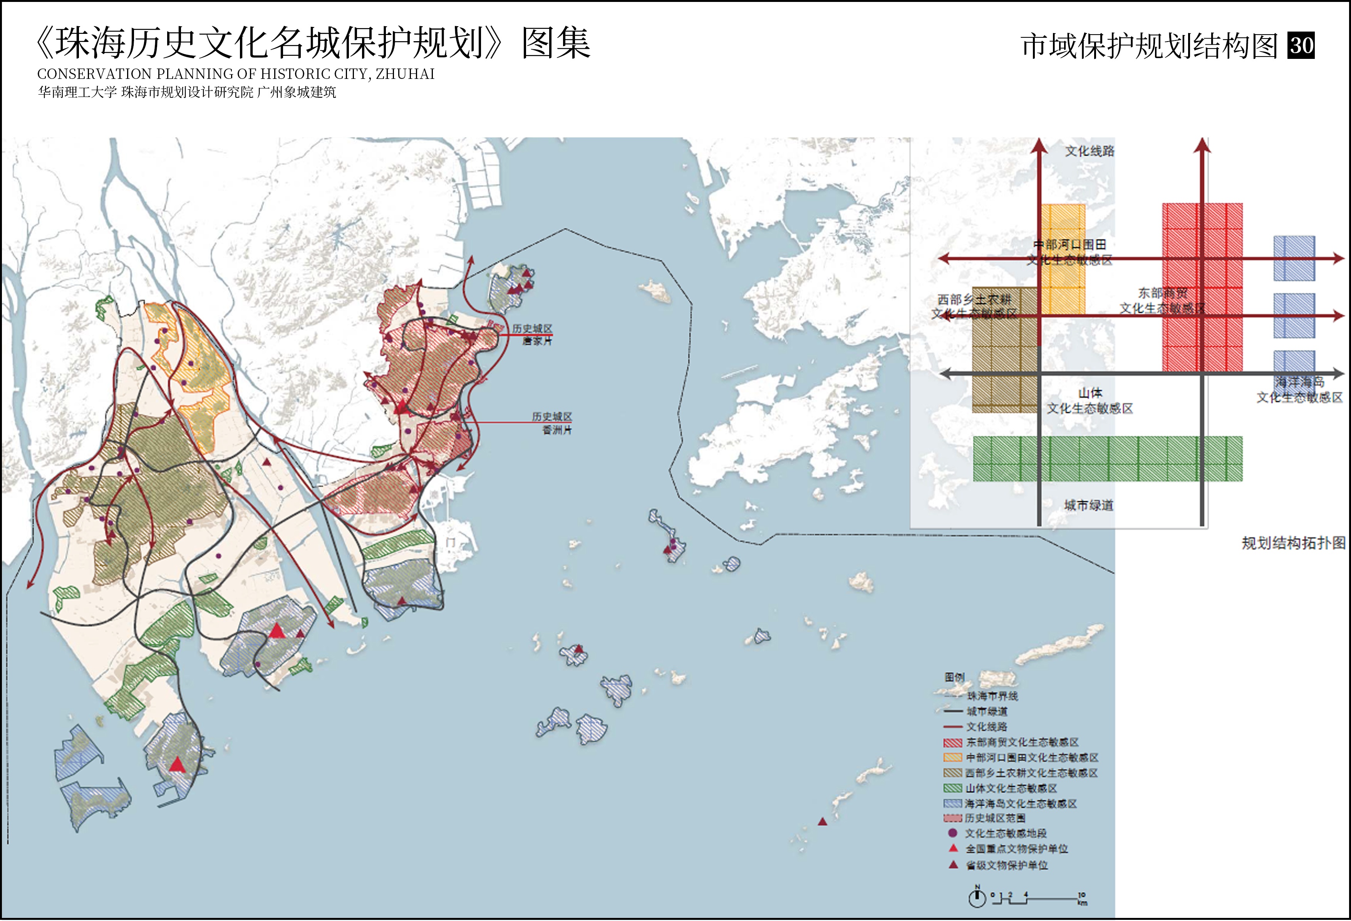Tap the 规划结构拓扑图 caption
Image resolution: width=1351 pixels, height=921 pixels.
pyautogui.click(x=1294, y=543)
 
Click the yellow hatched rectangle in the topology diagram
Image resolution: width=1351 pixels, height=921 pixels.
pyautogui.click(x=1063, y=259)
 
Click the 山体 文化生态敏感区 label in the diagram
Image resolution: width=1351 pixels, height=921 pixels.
pyautogui.click(x=1090, y=401)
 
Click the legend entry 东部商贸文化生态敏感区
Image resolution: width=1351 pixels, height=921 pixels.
pyautogui.click(x=1022, y=742)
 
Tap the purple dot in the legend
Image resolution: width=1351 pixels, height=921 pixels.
pyautogui.click(x=952, y=833)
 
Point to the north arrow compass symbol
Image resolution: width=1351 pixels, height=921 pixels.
pyautogui.click(x=977, y=898)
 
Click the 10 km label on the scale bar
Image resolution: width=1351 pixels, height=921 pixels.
pyautogui.click(x=1082, y=898)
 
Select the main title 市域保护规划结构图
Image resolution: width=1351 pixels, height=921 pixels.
pyautogui.click(x=1149, y=46)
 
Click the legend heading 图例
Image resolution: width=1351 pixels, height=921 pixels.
pyautogui.click(x=955, y=677)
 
